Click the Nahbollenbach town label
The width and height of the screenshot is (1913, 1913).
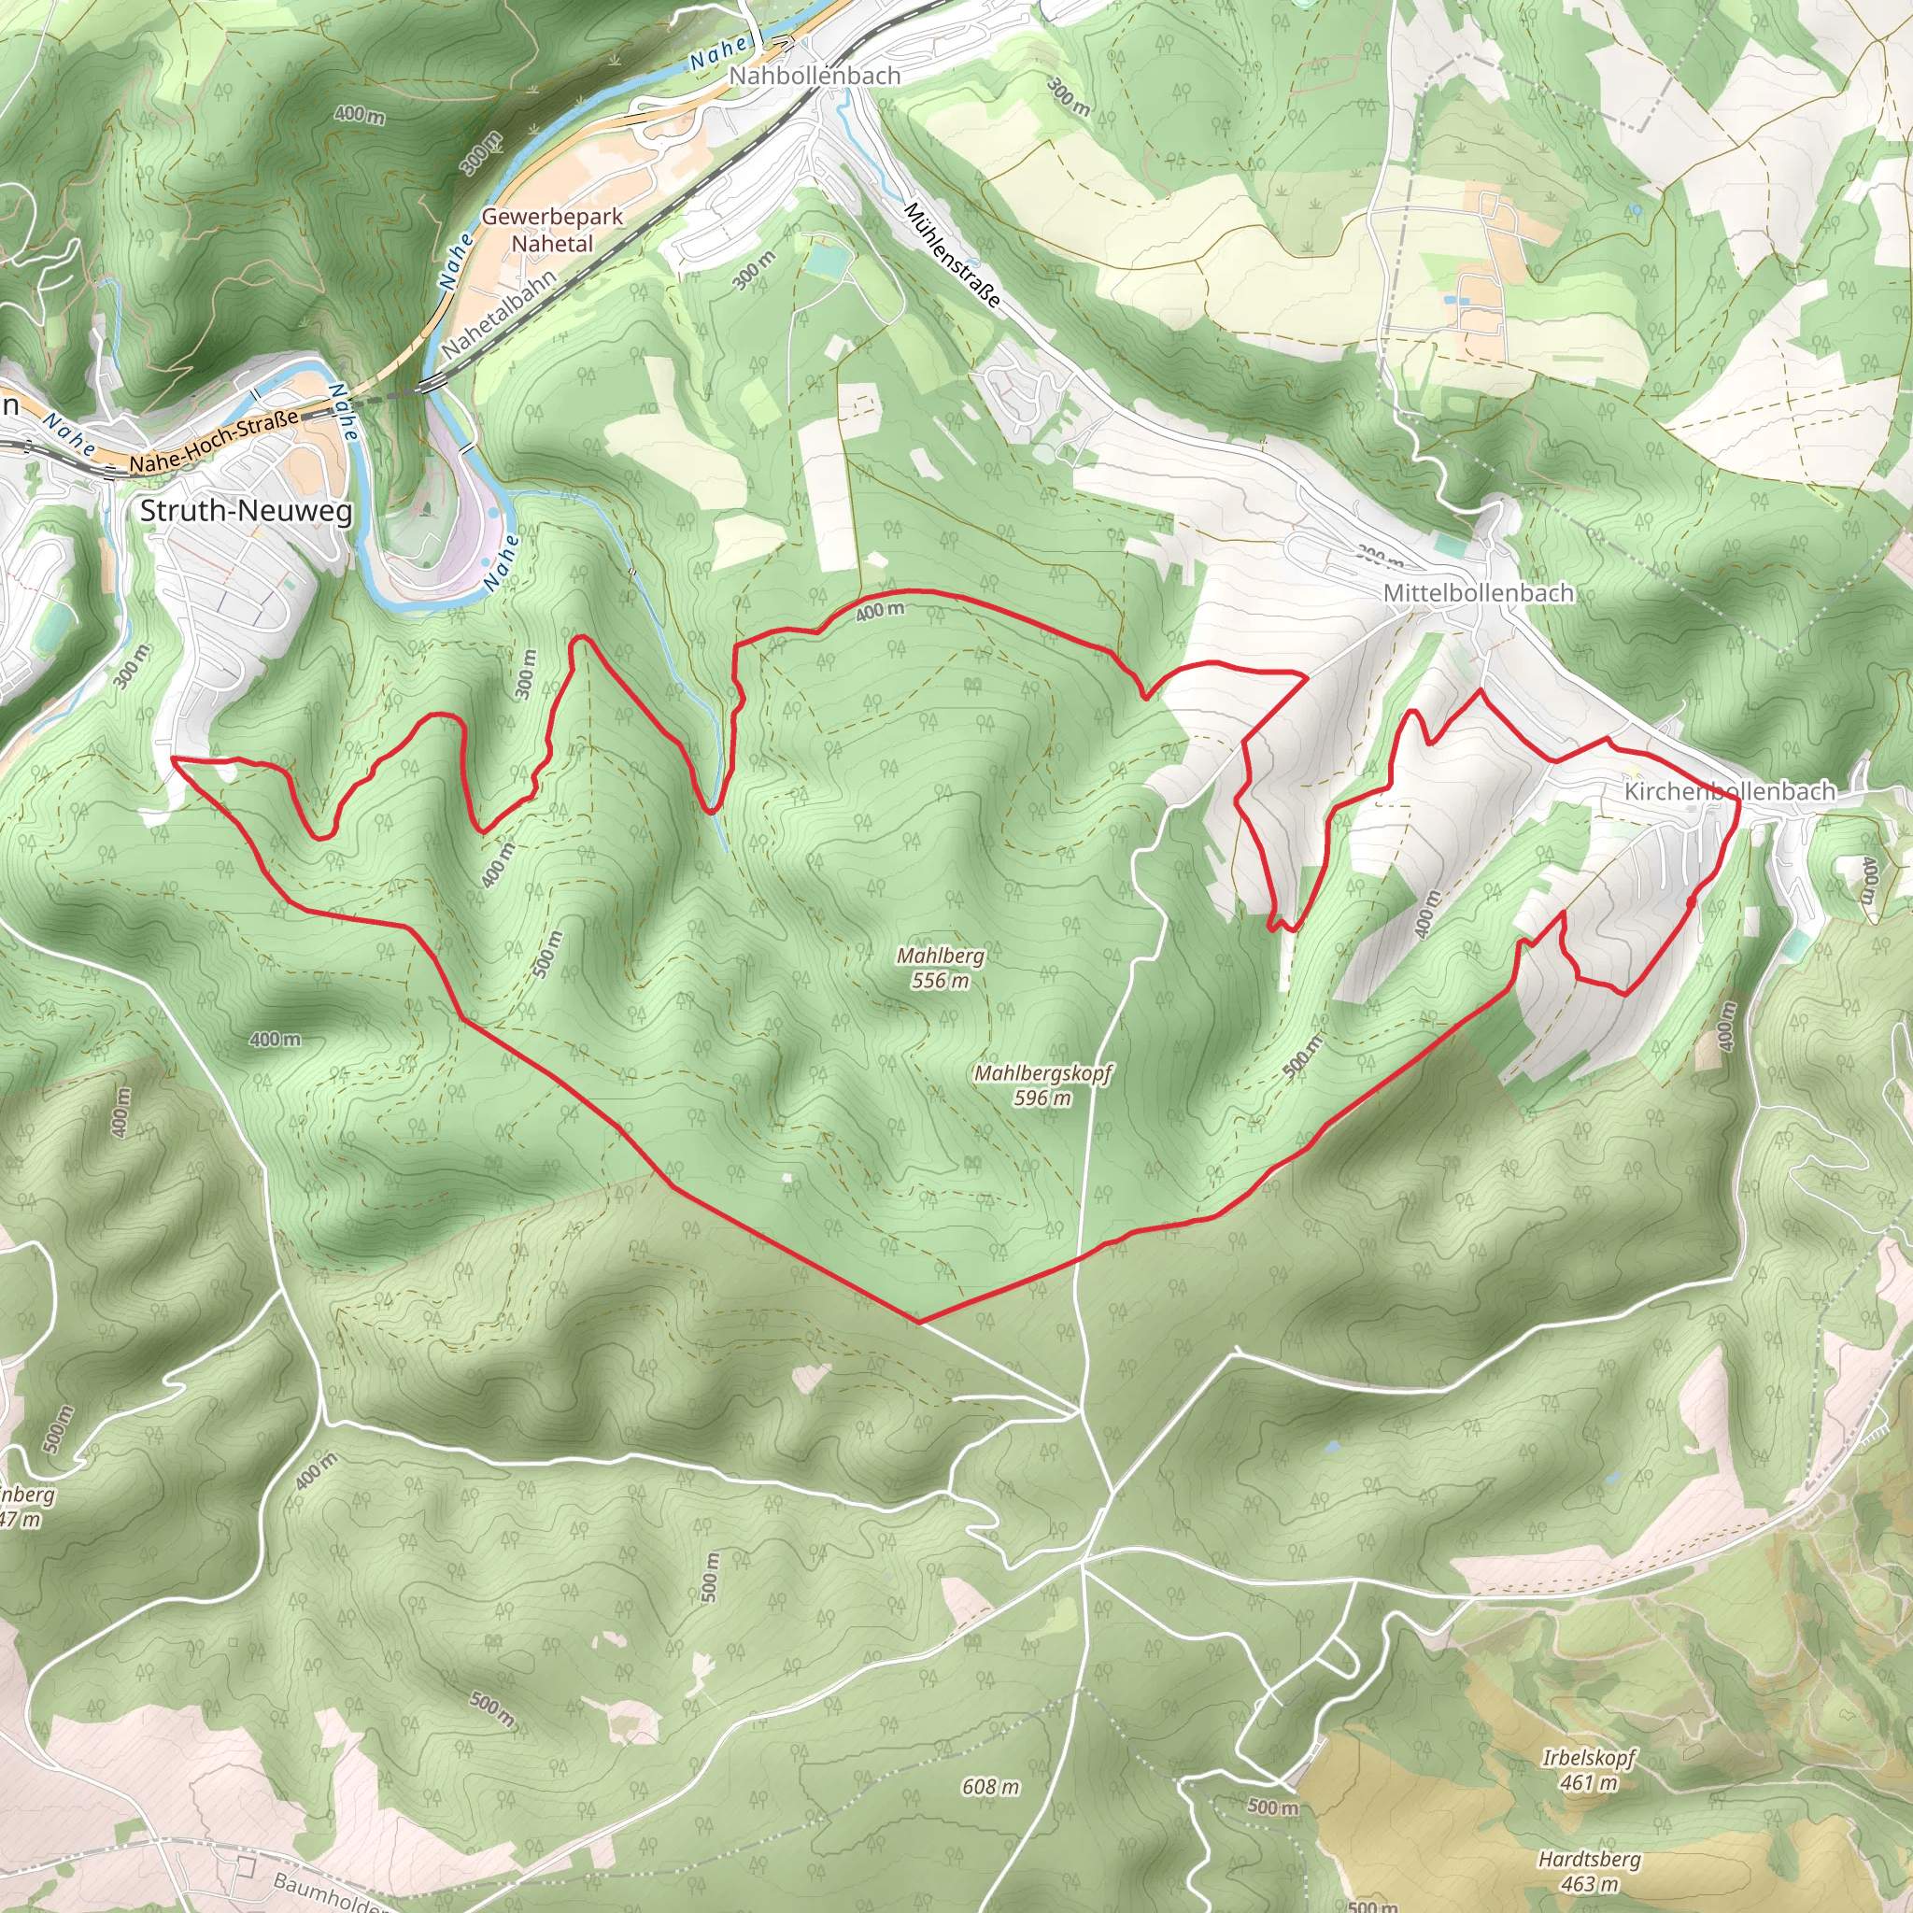click(814, 76)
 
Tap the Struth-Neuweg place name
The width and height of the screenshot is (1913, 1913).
click(246, 511)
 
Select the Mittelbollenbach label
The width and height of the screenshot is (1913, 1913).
click(1478, 593)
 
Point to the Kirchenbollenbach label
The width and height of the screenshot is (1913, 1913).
click(1729, 791)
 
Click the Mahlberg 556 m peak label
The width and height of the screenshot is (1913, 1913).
click(940, 968)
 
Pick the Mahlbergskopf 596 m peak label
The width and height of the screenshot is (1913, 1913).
click(1042, 1084)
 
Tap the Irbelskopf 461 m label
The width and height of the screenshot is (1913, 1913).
click(1588, 1769)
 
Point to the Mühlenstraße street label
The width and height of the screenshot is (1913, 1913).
click(952, 255)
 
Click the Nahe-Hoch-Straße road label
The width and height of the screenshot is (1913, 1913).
click(214, 442)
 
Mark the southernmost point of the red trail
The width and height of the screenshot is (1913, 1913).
click(919, 1322)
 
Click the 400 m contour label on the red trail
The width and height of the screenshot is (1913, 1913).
click(879, 611)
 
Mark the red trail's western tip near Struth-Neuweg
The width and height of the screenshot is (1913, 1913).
click(174, 758)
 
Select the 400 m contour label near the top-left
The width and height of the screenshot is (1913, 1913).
click(359, 115)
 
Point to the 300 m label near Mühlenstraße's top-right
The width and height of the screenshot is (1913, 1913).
click(1070, 97)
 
